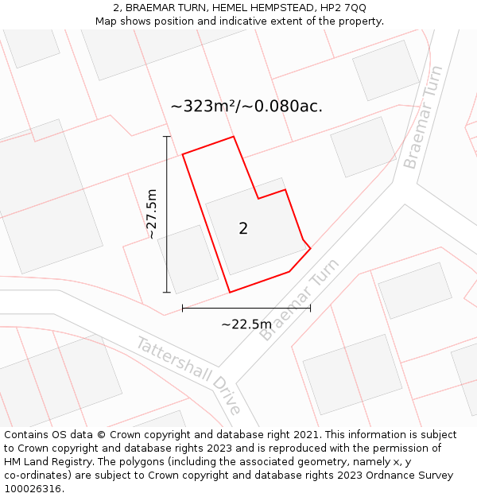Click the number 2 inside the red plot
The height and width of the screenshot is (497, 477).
click(x=243, y=229)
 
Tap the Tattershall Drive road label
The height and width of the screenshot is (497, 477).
click(x=188, y=375)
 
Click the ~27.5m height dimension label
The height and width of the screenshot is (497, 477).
click(x=151, y=214)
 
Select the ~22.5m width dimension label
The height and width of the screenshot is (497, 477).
click(x=246, y=324)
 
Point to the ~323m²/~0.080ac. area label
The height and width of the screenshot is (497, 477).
click(x=246, y=106)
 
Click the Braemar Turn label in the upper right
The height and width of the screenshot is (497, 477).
click(x=422, y=129)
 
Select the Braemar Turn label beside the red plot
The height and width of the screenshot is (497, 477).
click(x=299, y=299)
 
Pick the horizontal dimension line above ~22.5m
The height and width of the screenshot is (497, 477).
click(x=246, y=307)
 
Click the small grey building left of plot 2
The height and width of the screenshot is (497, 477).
click(x=188, y=259)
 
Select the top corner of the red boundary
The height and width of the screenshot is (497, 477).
click(x=234, y=137)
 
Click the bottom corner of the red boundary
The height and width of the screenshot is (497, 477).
click(x=230, y=292)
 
